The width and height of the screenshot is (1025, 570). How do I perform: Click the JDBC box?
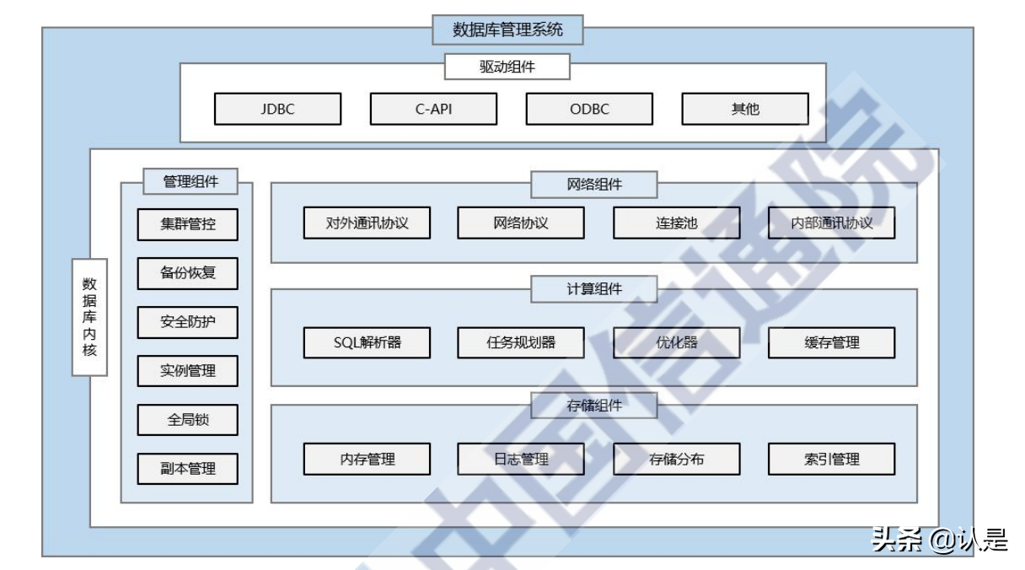[277, 109]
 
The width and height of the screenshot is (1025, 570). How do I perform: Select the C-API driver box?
[433, 109]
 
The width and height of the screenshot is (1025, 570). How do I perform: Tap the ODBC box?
[589, 109]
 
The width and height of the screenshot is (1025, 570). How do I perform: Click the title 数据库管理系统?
[507, 30]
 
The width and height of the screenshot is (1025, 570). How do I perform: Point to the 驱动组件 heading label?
[507, 67]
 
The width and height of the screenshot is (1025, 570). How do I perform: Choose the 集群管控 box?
[188, 224]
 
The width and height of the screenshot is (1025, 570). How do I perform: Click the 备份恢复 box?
[188, 273]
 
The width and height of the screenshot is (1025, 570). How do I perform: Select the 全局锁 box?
[188, 420]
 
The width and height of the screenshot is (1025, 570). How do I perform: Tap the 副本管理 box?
[188, 469]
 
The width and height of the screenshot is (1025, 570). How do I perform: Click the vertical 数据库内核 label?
[89, 317]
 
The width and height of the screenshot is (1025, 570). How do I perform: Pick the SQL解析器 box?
[367, 342]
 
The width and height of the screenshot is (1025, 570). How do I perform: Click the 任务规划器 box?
[521, 342]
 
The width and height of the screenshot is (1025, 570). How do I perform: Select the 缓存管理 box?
[831, 342]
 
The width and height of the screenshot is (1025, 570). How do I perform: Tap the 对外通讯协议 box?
[367, 223]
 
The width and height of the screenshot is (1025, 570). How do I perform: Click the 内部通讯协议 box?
[831, 223]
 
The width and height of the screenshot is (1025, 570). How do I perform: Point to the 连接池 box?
[676, 223]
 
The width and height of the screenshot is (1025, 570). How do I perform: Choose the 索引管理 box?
[831, 460]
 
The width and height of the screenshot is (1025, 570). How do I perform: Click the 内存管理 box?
[367, 460]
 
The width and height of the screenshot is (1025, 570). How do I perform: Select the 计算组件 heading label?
[593, 289]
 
